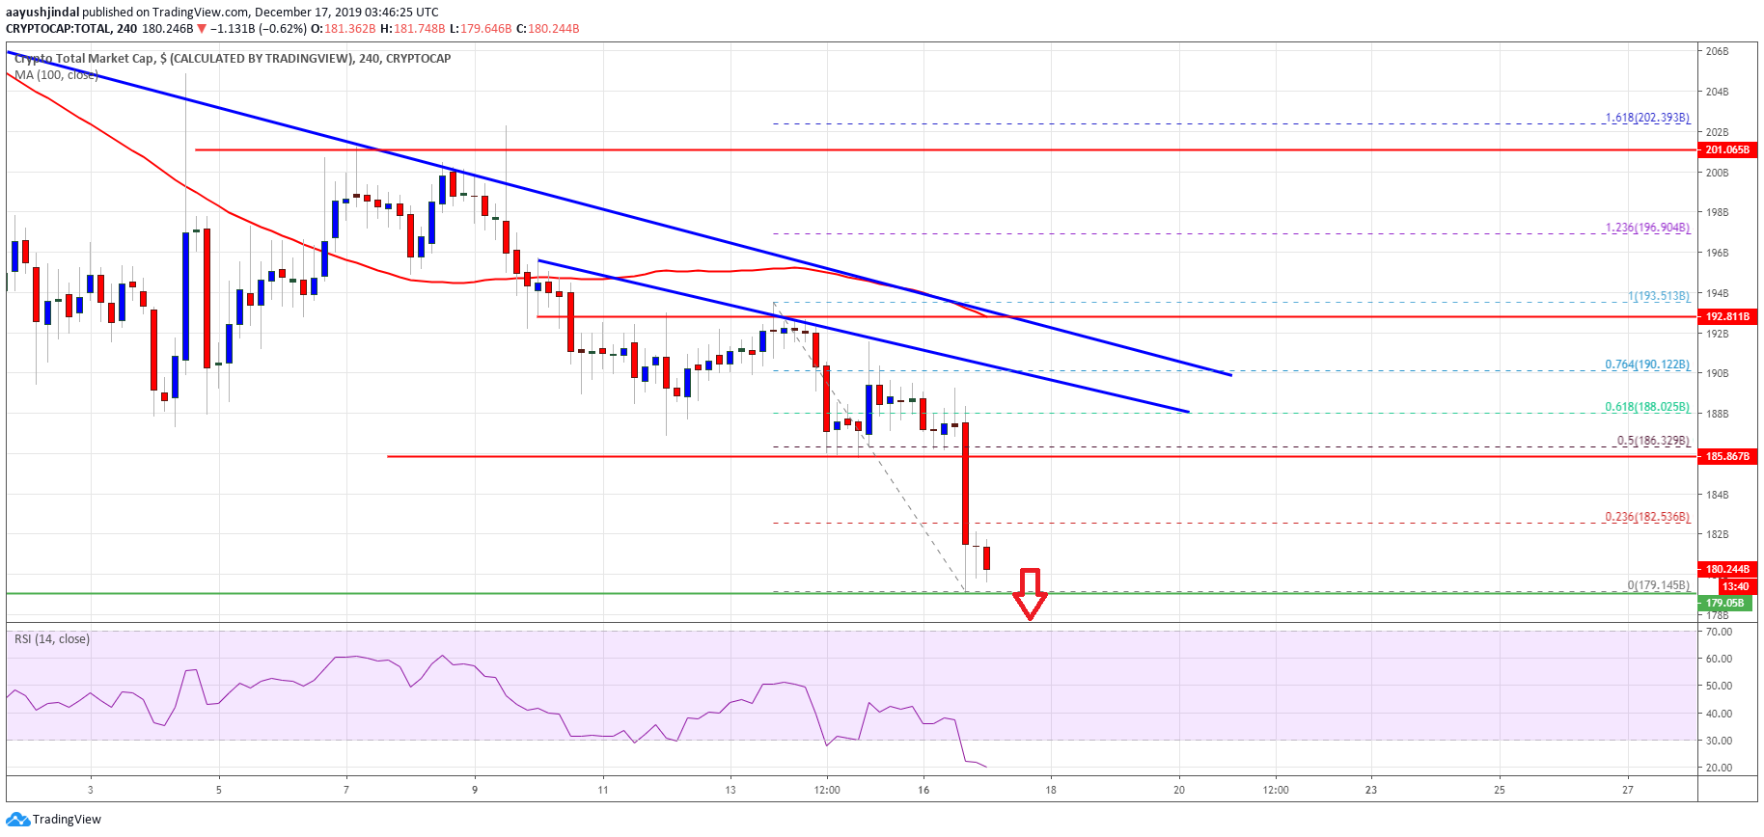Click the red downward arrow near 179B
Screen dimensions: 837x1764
tap(1030, 594)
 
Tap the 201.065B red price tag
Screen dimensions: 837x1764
tap(1726, 150)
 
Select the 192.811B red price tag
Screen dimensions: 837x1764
tap(1726, 316)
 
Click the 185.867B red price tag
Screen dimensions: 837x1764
tap(1726, 456)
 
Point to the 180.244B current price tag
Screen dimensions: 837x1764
tap(1726, 570)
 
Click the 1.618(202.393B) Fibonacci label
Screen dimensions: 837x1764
tap(1647, 118)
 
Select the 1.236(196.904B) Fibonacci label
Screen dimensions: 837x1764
tap(1647, 229)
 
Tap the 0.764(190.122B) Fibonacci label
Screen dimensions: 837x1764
tap(1647, 364)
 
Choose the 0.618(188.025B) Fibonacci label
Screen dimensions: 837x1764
tap(1647, 407)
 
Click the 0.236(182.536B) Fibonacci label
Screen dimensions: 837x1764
tap(1647, 517)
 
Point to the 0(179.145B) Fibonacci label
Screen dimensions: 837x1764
tap(1658, 585)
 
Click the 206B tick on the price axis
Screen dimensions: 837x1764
tap(1717, 51)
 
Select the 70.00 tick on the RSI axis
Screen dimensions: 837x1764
tap(1719, 632)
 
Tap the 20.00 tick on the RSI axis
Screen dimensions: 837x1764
tap(1719, 769)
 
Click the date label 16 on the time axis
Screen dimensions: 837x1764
tap(923, 790)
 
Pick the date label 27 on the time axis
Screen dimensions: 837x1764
tap(1628, 790)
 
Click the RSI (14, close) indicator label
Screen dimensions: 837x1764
tap(52, 639)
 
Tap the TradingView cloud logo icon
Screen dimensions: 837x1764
tap(17, 820)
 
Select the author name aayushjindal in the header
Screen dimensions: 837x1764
tap(42, 13)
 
